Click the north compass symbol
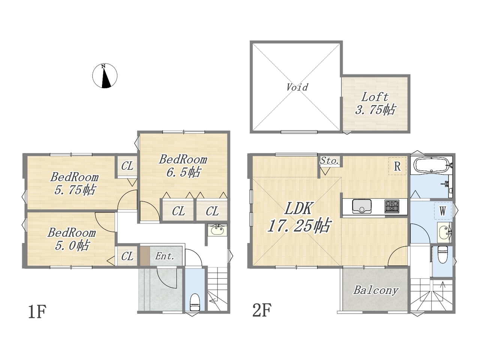[x=105, y=76]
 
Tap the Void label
[x=297, y=87]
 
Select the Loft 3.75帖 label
[x=375, y=103]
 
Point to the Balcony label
[x=376, y=291]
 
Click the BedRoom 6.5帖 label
[x=183, y=166]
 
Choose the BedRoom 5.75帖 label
[x=75, y=183]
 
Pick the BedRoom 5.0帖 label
[x=72, y=239]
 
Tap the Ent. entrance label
[x=165, y=256]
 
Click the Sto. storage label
[x=330, y=161]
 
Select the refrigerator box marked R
[x=397, y=166]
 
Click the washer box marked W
[x=442, y=211]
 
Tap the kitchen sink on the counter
[x=362, y=206]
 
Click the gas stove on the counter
[x=392, y=206]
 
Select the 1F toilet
[x=195, y=302]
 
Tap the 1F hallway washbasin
[x=217, y=230]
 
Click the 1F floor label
[x=37, y=312]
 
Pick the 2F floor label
[x=262, y=310]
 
